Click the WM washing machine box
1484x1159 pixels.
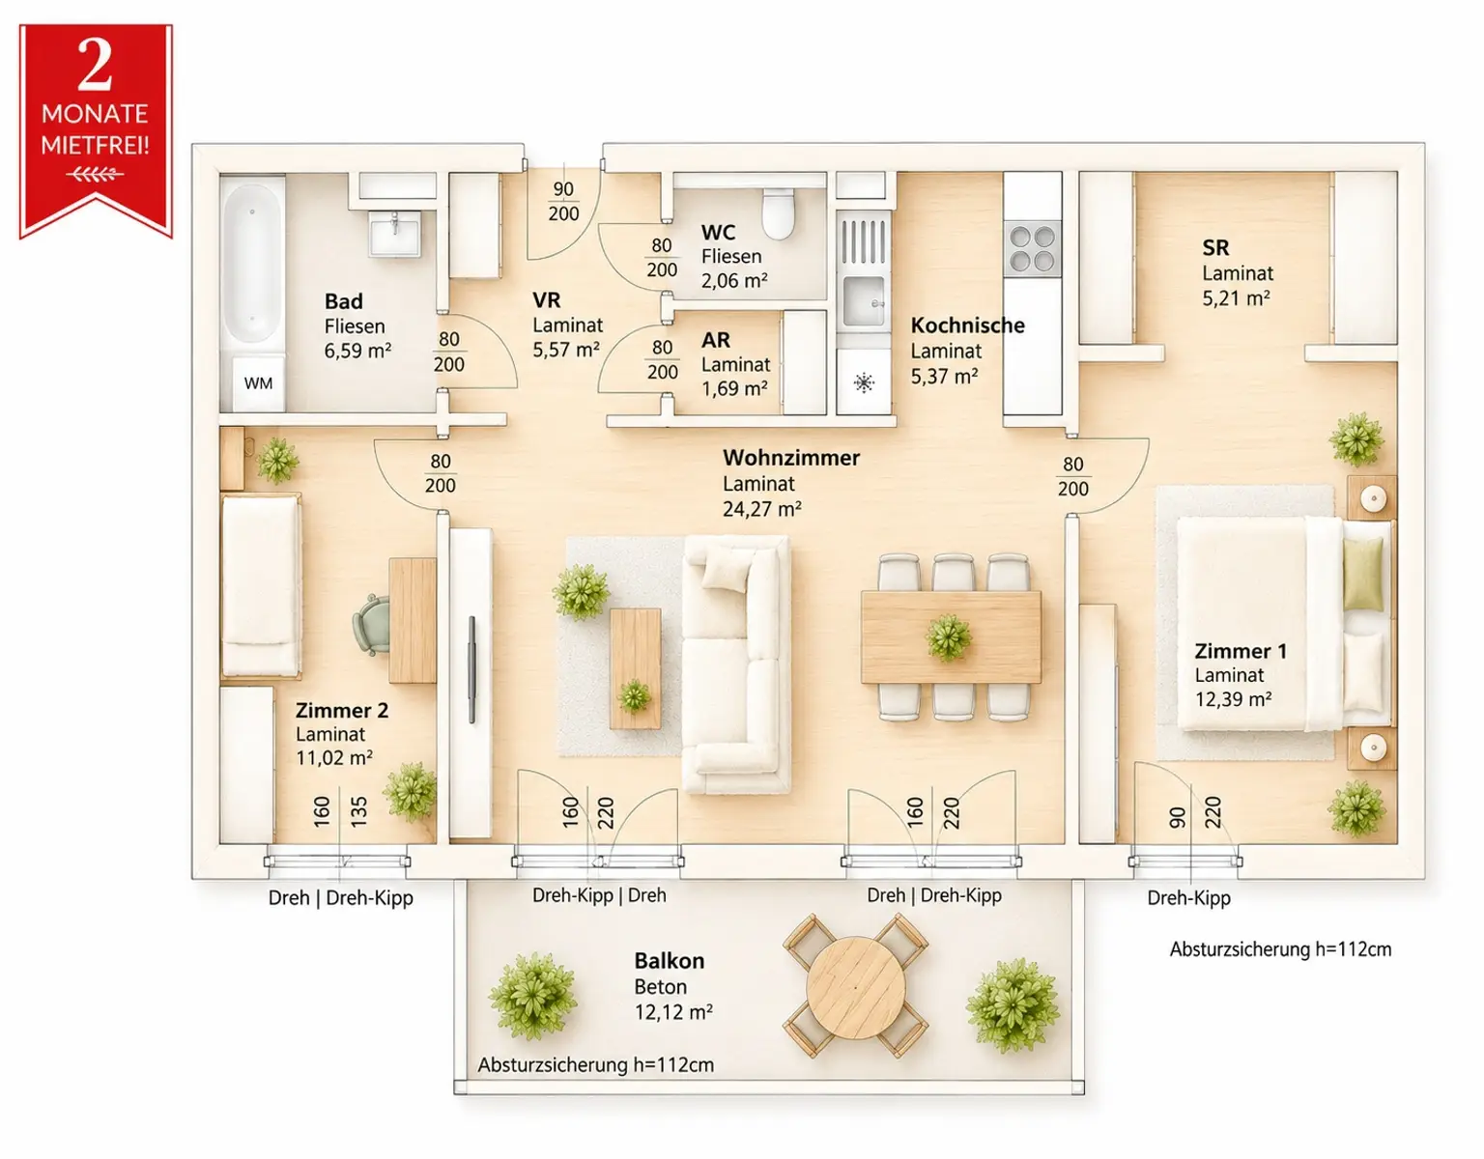(x=258, y=383)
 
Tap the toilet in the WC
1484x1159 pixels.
(x=779, y=212)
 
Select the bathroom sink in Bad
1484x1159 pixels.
(x=395, y=233)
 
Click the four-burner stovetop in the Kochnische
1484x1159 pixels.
(x=1032, y=248)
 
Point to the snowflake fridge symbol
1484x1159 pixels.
(x=864, y=382)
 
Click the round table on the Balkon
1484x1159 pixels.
(x=856, y=987)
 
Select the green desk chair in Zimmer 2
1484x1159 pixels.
(x=372, y=625)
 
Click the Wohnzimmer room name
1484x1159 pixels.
(x=791, y=457)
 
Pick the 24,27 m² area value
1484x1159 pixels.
(x=762, y=509)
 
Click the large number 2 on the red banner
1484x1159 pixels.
(x=95, y=64)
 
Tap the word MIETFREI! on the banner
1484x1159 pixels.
(x=95, y=145)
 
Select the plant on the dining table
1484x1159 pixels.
(x=949, y=638)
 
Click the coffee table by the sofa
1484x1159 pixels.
(x=635, y=668)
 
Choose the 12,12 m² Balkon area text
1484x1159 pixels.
(x=673, y=1011)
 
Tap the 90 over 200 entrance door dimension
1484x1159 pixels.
(x=563, y=201)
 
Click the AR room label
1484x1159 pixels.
(x=716, y=340)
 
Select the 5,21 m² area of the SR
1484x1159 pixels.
(x=1236, y=298)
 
